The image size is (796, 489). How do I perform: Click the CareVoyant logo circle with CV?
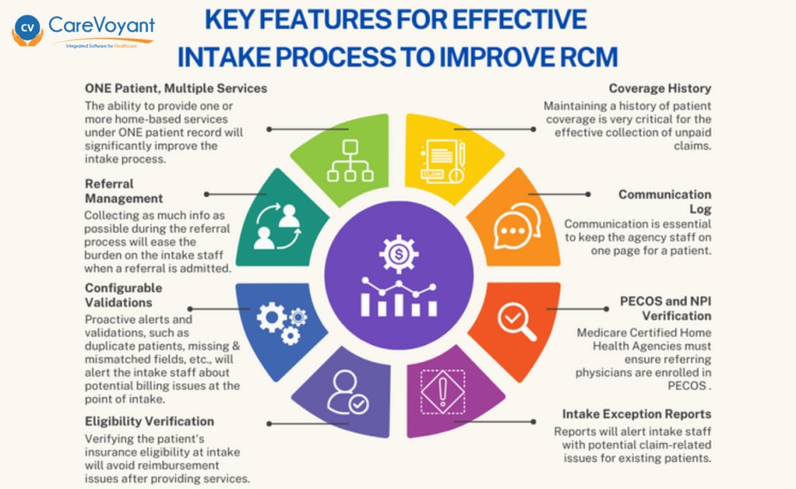click(27, 27)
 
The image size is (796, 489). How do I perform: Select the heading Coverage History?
click(660, 89)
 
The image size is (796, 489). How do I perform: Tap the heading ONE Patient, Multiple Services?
click(176, 89)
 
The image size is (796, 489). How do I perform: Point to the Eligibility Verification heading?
click(149, 421)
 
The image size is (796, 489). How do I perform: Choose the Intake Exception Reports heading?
click(637, 414)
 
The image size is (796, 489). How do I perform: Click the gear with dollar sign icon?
click(399, 254)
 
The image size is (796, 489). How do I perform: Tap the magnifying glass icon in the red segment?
click(517, 322)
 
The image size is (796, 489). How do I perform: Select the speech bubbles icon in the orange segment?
click(517, 226)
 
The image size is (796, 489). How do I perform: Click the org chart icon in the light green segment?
click(351, 160)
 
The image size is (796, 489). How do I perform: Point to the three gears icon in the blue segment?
click(281, 323)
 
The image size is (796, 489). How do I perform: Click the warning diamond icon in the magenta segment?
click(442, 392)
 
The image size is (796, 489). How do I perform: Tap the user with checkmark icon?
click(347, 393)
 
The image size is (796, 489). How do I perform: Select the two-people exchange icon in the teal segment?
click(278, 226)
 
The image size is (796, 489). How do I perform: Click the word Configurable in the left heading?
click(124, 288)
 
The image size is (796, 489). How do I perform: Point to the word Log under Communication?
click(700, 209)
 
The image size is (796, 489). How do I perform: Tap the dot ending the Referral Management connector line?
click(207, 194)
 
